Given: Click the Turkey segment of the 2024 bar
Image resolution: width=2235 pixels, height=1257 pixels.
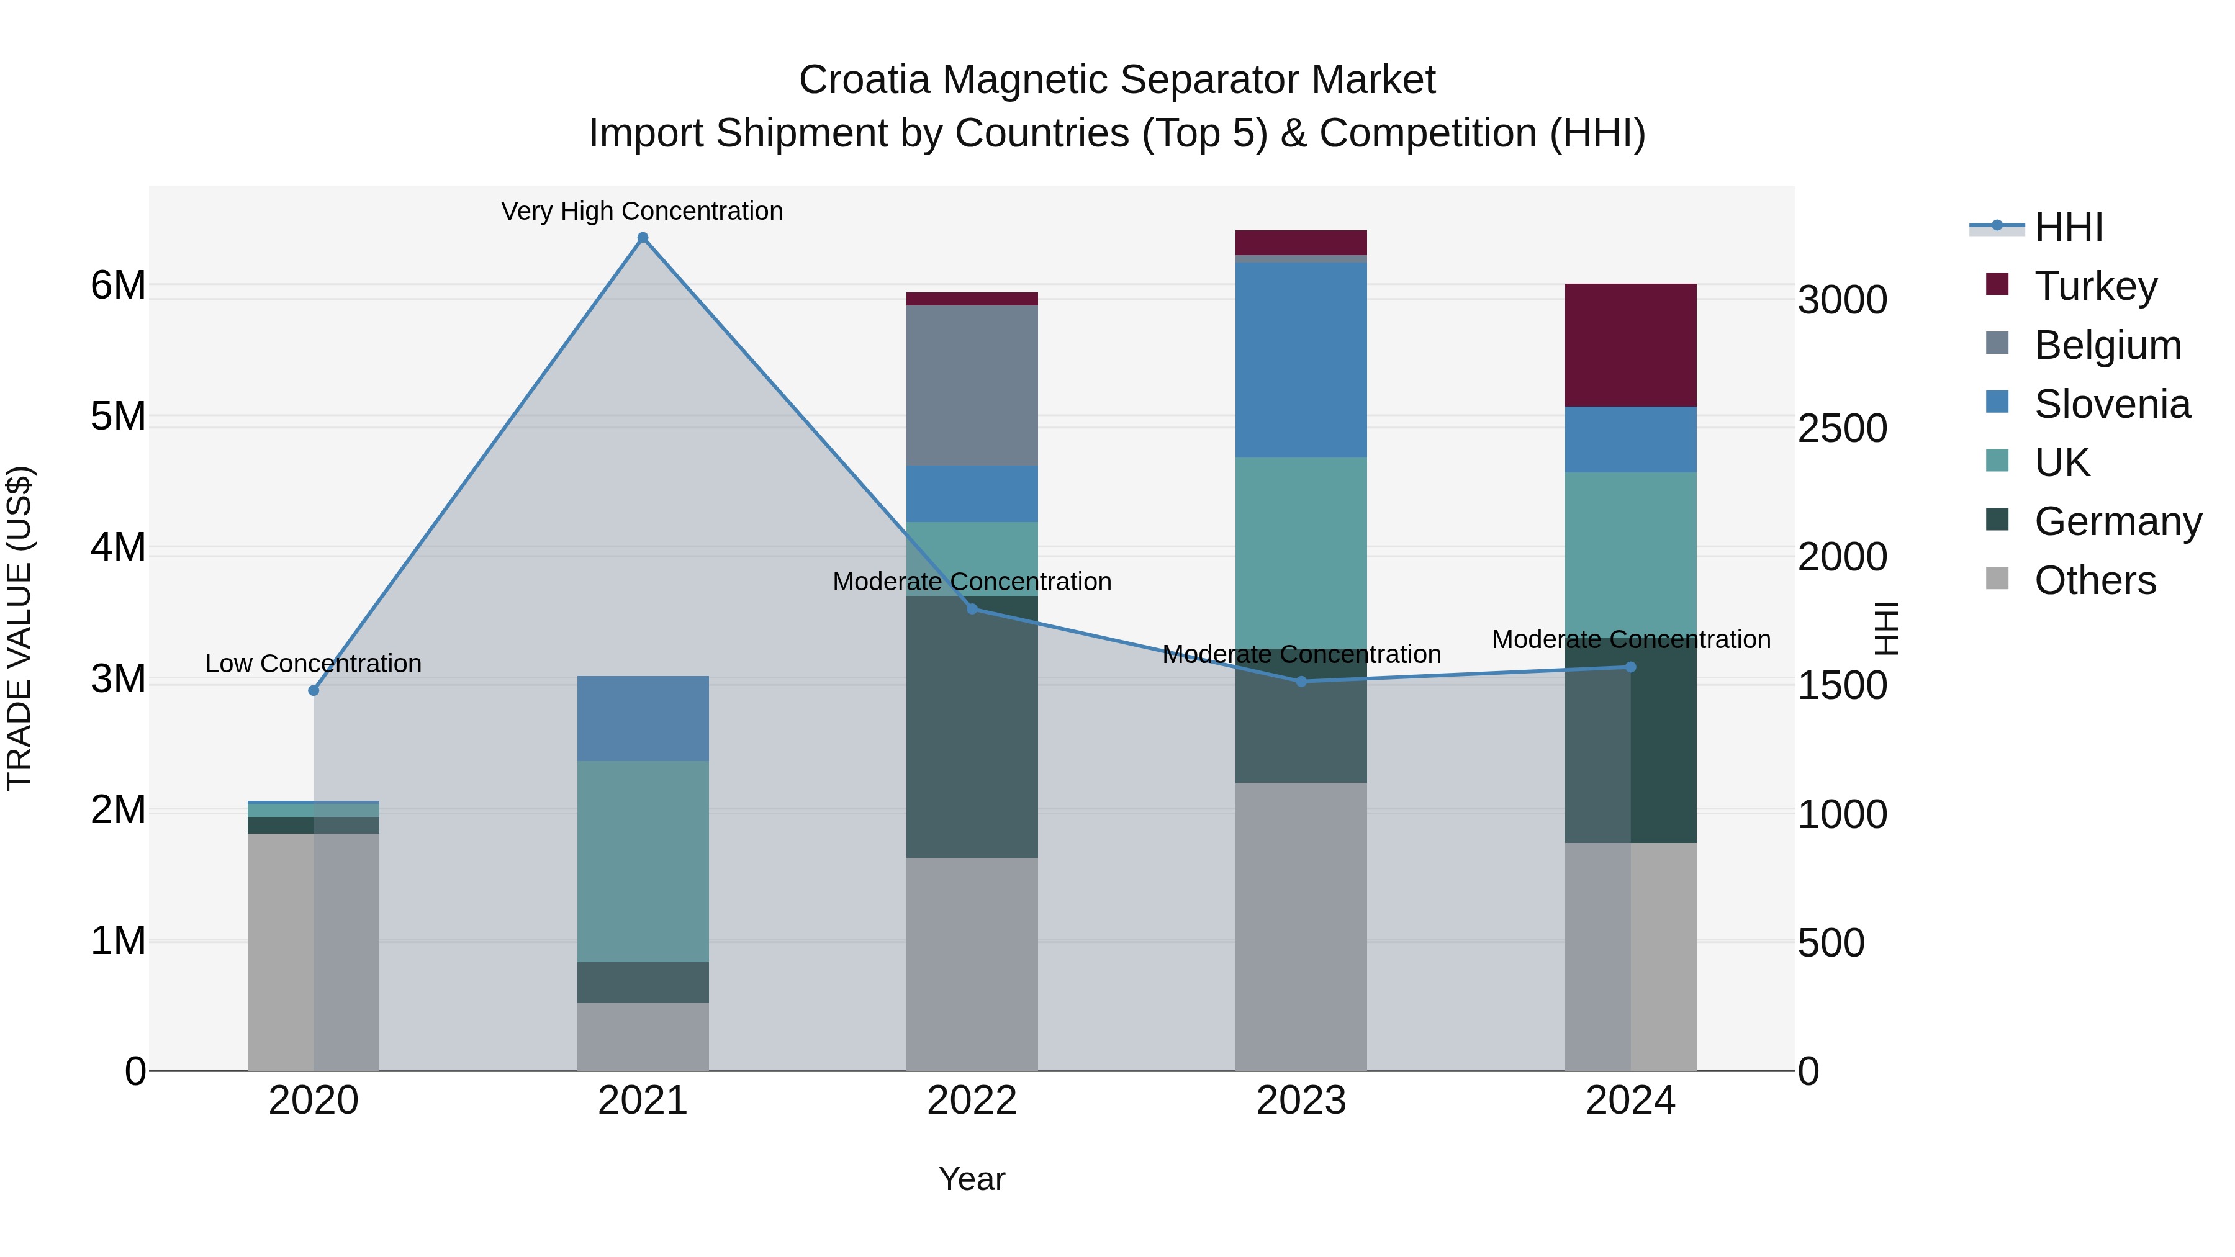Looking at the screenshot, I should [x=1630, y=345].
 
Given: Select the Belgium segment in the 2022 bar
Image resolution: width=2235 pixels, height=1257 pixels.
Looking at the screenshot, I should [x=972, y=385].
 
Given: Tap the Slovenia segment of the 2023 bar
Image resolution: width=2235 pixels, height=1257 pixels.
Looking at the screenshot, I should [x=1301, y=360].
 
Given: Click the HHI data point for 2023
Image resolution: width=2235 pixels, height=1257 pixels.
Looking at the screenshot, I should [x=1301, y=681].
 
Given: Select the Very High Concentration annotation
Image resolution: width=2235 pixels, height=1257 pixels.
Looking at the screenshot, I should [x=642, y=211].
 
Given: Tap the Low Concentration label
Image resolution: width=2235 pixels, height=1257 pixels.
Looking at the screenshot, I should [x=314, y=663].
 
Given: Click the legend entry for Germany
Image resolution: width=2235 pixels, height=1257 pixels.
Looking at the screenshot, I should [x=2117, y=521].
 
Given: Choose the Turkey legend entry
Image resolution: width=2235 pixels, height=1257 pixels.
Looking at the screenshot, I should [x=2095, y=286].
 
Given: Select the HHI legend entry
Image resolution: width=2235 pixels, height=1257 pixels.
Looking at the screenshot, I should [x=2069, y=227].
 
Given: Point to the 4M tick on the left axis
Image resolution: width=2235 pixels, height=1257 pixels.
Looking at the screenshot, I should [x=118, y=547].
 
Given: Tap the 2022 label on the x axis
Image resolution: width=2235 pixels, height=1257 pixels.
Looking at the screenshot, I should [x=972, y=1100].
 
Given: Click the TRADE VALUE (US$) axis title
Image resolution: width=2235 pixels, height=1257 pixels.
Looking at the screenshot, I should [x=19, y=628].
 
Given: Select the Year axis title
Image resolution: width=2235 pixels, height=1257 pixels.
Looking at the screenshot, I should [x=972, y=1179].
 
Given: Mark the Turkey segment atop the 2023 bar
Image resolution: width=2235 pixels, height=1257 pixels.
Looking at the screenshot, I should [x=1301, y=242].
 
